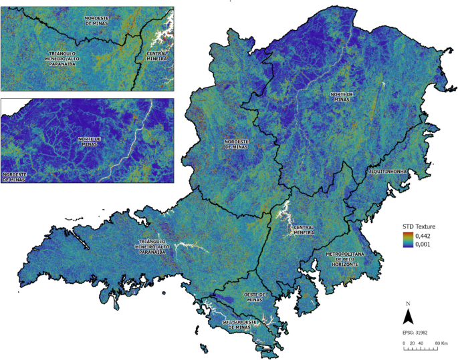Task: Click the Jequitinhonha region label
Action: click(x=388, y=172)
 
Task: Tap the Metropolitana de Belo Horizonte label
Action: click(x=343, y=259)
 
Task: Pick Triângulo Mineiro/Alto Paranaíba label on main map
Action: click(x=160, y=247)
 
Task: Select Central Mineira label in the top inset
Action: click(x=158, y=58)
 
